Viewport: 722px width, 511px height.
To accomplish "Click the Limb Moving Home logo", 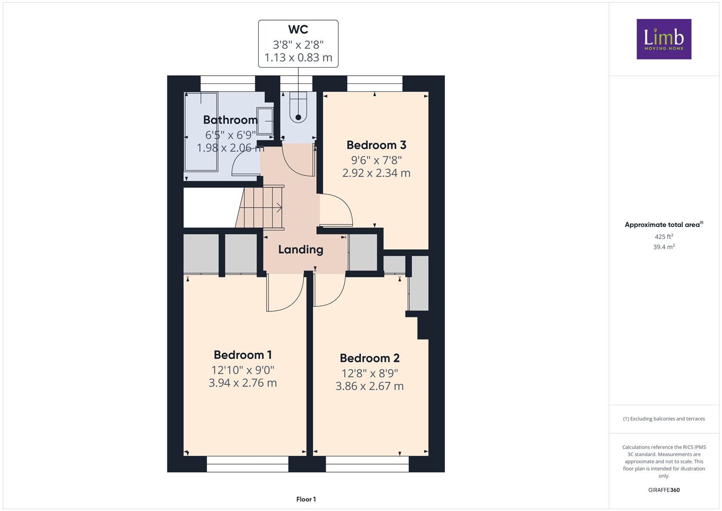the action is pos(664,39).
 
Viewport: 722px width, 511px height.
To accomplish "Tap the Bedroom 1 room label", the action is pos(243,355).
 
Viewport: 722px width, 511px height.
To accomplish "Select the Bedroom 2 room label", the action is pos(370,358).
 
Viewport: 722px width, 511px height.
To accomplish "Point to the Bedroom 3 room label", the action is pos(376,145).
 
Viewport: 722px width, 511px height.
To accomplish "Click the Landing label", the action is pos(301,250).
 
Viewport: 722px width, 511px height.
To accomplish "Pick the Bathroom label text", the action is pos(230,120).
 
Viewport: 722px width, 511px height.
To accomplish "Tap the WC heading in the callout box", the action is pos(298,29).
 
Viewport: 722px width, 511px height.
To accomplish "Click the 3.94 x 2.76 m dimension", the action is pos(243,383).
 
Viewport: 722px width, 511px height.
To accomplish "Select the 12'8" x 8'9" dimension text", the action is pos(370,373).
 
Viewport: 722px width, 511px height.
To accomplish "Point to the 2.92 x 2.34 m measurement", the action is pos(376,173).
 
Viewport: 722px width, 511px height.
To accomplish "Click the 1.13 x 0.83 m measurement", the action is pos(298,57).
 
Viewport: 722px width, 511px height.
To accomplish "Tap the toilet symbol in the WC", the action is pos(298,107).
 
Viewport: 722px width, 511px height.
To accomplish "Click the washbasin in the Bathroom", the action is pos(265,121).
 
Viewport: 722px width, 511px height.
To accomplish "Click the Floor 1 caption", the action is pos(306,499).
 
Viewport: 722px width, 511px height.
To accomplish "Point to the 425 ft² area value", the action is pos(664,237).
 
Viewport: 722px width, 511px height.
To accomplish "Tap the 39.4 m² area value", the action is pos(664,247).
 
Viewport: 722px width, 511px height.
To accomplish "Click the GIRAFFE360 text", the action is pos(664,490).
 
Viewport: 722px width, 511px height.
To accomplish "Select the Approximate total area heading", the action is pos(664,225).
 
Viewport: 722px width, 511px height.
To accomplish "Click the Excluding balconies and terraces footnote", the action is pos(664,419).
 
